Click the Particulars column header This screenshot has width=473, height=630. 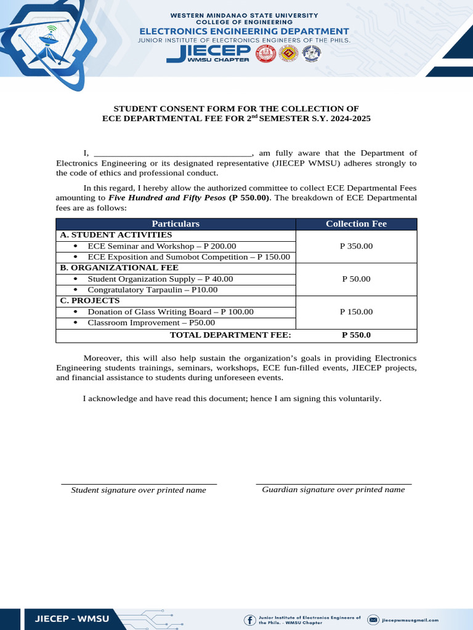176,224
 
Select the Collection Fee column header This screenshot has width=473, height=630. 356,224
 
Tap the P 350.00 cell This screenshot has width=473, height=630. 356,246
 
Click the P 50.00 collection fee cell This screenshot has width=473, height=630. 356,279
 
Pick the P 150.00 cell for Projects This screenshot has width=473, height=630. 356,312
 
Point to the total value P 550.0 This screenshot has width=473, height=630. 356,335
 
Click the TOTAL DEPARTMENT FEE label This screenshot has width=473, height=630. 230,335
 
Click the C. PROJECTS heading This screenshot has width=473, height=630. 89,301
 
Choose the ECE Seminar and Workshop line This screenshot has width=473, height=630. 161,246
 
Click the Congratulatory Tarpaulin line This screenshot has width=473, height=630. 152,290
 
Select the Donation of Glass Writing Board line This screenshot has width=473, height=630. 170,312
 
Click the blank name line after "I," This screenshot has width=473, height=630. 172,154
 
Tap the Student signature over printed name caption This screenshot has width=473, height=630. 139,490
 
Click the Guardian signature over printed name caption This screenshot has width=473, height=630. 333,490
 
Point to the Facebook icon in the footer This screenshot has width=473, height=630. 250,620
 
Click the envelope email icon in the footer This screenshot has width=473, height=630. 373,620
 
